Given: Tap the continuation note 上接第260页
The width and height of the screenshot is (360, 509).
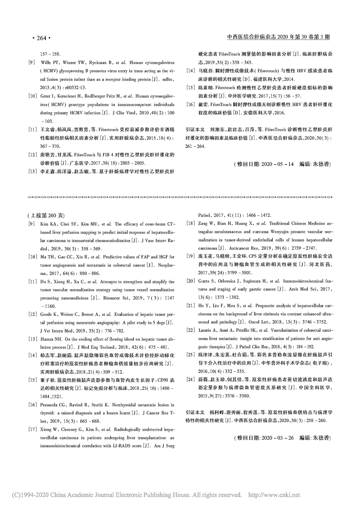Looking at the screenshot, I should click(46, 216).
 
